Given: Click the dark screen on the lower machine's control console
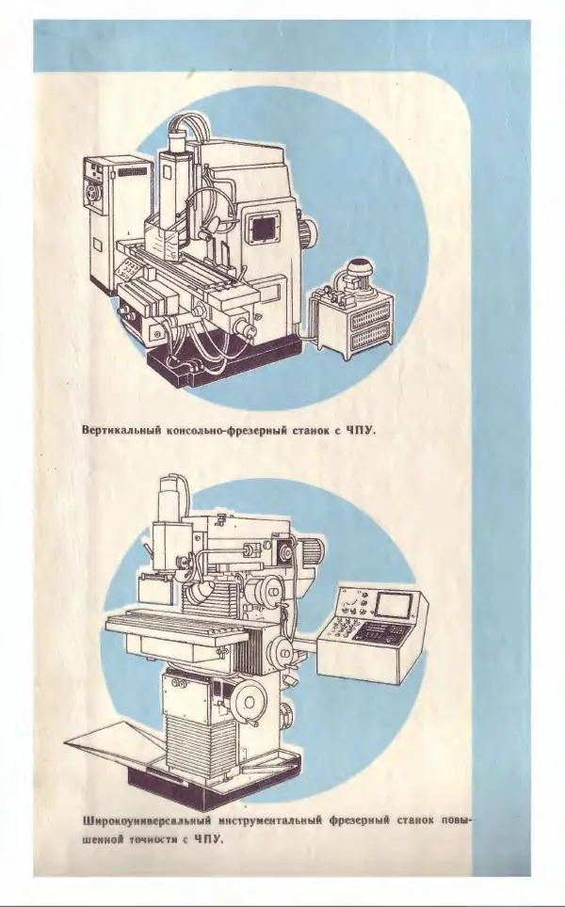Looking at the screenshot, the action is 393,605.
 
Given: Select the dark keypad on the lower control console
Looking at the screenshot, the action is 379,631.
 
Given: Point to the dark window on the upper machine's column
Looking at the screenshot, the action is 263,227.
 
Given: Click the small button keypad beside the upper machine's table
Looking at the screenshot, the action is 128,270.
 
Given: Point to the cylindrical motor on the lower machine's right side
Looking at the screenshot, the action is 311,548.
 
